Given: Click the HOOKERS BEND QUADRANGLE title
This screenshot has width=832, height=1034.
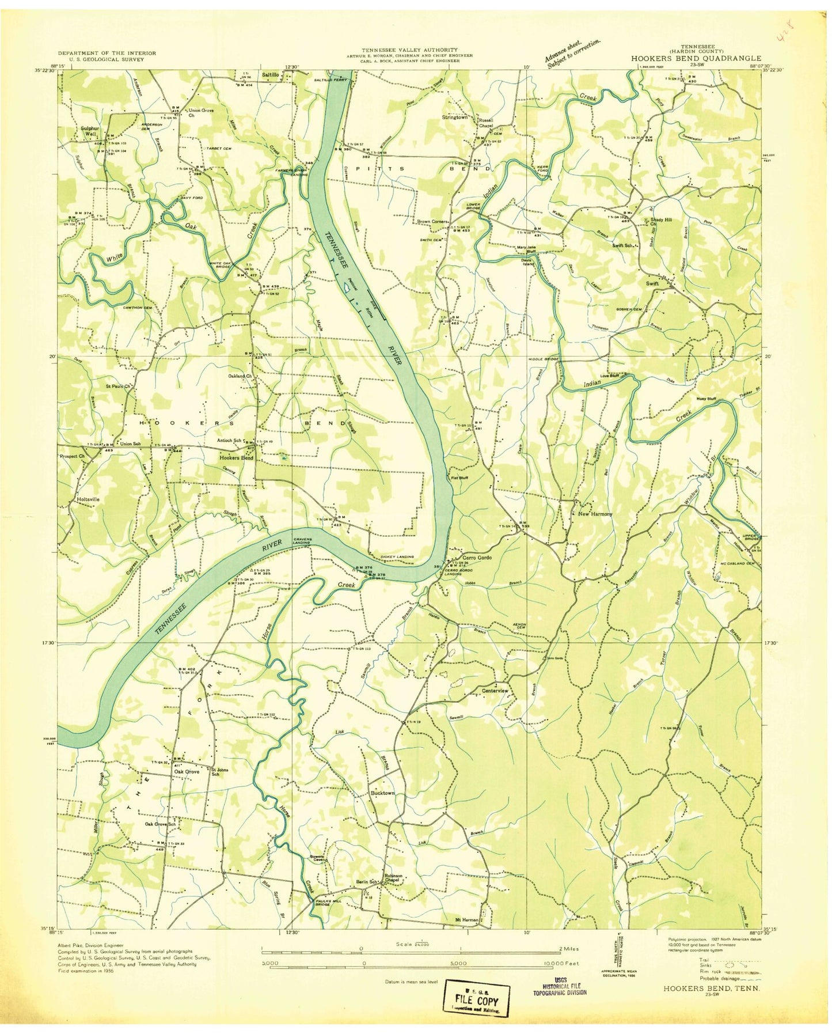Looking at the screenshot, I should coord(696,58).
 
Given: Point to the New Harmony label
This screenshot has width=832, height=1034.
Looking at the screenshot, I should coord(595,514).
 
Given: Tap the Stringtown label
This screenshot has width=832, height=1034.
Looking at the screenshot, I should coord(454,117).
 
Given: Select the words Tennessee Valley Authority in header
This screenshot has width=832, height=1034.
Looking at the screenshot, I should coord(409,50).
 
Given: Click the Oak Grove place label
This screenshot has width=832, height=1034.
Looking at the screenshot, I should coord(187,772).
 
